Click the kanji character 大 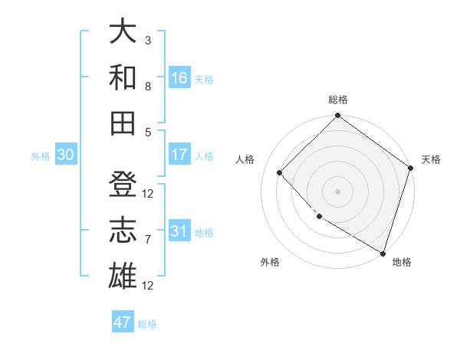coord(123,32)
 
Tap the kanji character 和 coord(123,77)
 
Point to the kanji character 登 coord(123,185)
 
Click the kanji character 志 coord(123,229)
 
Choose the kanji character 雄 coord(123,274)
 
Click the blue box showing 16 coord(179,78)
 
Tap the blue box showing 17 coord(179,155)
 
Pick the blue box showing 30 coord(65,155)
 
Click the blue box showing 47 coord(123,322)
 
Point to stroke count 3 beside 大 coord(148,40)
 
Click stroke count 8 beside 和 coord(148,87)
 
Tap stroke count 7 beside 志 coord(148,240)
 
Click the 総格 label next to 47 coord(147,324)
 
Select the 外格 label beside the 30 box coord(41,156)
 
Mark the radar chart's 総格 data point coord(337,116)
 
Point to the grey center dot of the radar coord(337,191)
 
